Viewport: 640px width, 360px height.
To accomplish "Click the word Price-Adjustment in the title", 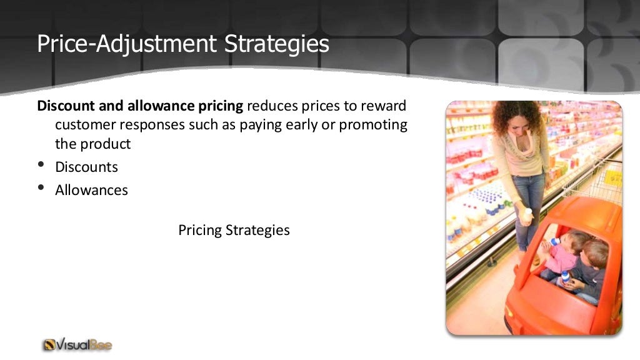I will (123, 44).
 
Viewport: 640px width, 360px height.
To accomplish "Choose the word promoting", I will (373, 124).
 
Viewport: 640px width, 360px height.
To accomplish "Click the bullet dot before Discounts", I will (41, 166).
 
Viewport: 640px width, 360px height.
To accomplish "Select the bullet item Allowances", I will (91, 190).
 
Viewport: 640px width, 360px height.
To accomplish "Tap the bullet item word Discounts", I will (86, 167).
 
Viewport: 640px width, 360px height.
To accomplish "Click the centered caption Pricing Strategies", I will (234, 230).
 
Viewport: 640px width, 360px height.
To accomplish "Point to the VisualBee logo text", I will (85, 344).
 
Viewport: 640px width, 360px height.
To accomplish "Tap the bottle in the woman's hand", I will (527, 216).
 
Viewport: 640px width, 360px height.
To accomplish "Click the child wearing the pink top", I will (566, 253).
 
